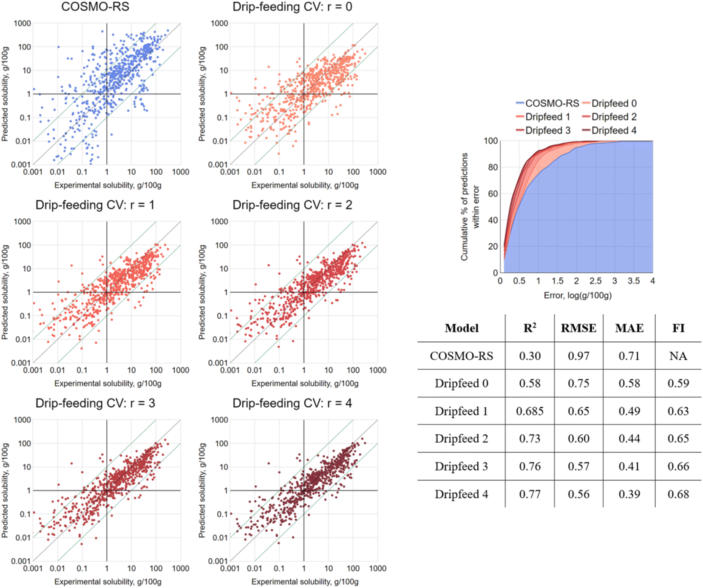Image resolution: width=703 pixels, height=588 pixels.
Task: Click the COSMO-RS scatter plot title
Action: pyautogui.click(x=95, y=7)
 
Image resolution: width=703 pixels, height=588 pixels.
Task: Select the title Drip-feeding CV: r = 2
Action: pyautogui.click(x=292, y=205)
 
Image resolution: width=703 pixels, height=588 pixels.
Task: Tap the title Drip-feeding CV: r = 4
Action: pyautogui.click(x=292, y=403)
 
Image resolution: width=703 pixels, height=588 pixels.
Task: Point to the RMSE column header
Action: pyautogui.click(x=578, y=328)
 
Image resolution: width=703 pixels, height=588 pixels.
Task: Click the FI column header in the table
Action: pyautogui.click(x=678, y=328)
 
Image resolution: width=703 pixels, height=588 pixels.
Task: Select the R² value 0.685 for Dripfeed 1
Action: pyautogui.click(x=530, y=411)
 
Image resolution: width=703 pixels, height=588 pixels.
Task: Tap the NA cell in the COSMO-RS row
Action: pyautogui.click(x=678, y=356)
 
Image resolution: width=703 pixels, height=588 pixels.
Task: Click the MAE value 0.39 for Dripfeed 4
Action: pyautogui.click(x=629, y=494)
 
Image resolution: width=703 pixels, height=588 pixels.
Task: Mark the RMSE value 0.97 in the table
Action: pyautogui.click(x=578, y=356)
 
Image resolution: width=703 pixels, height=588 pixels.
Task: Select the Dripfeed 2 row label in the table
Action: pyautogui.click(x=461, y=438)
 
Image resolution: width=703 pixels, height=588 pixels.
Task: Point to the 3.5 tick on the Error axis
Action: pyautogui.click(x=633, y=281)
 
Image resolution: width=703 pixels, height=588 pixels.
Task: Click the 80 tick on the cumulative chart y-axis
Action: pyautogui.click(x=493, y=167)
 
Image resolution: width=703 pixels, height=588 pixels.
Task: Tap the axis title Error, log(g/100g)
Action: pyautogui.click(x=578, y=295)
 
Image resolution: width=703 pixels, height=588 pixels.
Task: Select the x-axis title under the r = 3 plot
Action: pyautogui.click(x=108, y=582)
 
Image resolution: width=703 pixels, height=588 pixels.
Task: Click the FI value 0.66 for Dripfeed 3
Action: pyautogui.click(x=678, y=466)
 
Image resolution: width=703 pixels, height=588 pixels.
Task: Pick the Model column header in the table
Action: pyautogui.click(x=462, y=328)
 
